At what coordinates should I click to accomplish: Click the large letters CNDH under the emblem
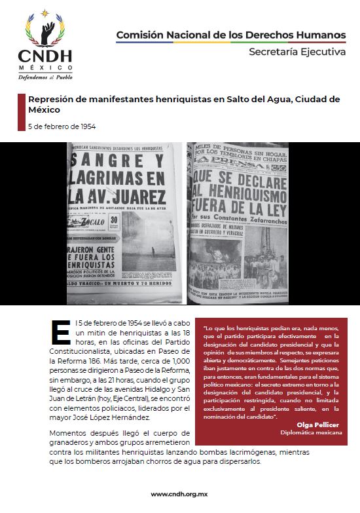tap(45, 56)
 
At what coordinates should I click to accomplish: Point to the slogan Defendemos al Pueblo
tap(45, 77)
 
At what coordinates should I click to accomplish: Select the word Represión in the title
tap(53, 99)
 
